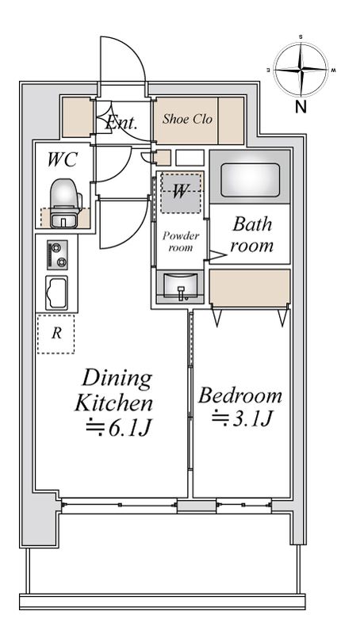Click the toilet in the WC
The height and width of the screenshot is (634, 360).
pos(65,202)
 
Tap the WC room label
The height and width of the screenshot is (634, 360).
pos(62,160)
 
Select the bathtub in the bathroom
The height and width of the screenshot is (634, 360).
pos(251,174)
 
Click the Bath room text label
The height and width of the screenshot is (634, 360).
pos(251,235)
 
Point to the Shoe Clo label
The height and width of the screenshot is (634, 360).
pos(187,119)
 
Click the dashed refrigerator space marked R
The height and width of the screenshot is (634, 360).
pos(56,334)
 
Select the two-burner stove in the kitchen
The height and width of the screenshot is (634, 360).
pos(57,254)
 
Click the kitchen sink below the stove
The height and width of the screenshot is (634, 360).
pos(56,293)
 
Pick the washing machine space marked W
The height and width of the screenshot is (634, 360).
pos(181,193)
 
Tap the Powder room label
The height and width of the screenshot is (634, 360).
pos(181,242)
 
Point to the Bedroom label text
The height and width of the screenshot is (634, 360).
pos(239,395)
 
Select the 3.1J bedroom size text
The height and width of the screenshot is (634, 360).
pos(241,418)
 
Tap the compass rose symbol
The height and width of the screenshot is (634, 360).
pos(301,70)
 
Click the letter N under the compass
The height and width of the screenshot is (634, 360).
pos(301,107)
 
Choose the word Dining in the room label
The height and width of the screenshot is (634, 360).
pos(117,379)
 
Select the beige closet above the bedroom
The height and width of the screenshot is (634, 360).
pos(250,287)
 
